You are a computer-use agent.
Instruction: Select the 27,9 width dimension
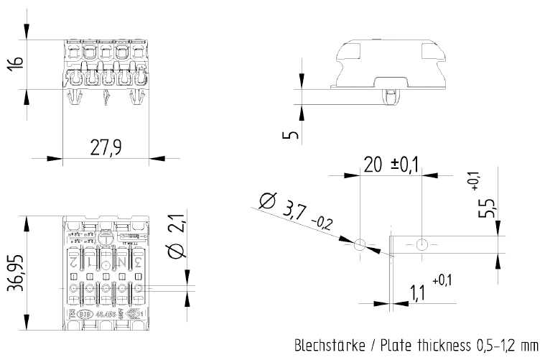[x=106, y=147]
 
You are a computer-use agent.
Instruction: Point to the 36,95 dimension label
[x=15, y=272]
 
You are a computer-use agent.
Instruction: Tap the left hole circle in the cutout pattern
[x=360, y=244]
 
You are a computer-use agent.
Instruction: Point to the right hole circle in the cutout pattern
[x=421, y=244]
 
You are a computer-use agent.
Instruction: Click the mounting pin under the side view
[x=390, y=96]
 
